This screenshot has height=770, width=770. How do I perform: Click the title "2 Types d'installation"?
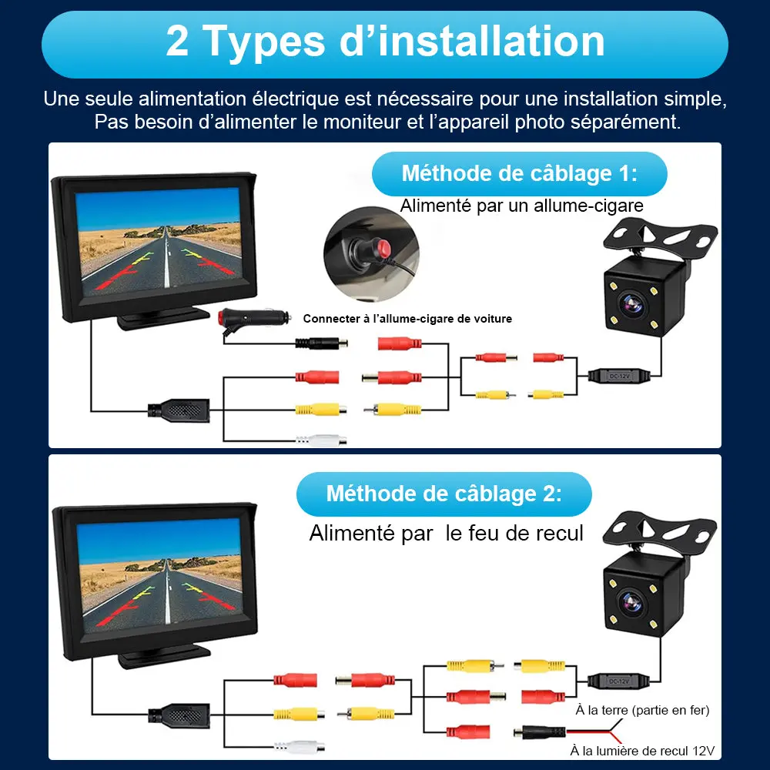(385, 42)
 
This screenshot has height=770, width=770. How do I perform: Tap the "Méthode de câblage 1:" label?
(519, 173)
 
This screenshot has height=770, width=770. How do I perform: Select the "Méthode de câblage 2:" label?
(444, 494)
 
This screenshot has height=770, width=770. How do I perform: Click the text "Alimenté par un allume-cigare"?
(521, 206)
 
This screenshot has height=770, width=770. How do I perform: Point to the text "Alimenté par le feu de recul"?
(446, 533)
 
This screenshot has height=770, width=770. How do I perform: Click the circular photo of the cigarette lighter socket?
(370, 253)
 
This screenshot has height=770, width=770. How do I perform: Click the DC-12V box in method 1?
(618, 377)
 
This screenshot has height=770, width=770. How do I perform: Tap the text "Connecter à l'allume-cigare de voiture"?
(407, 319)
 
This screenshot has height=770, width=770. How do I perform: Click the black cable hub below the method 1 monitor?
(179, 410)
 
